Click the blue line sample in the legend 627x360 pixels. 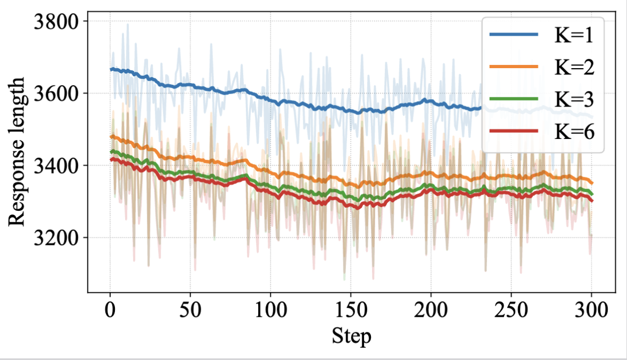(514, 35)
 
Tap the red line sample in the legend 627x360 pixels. (514, 130)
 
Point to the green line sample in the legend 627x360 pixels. (514, 99)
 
